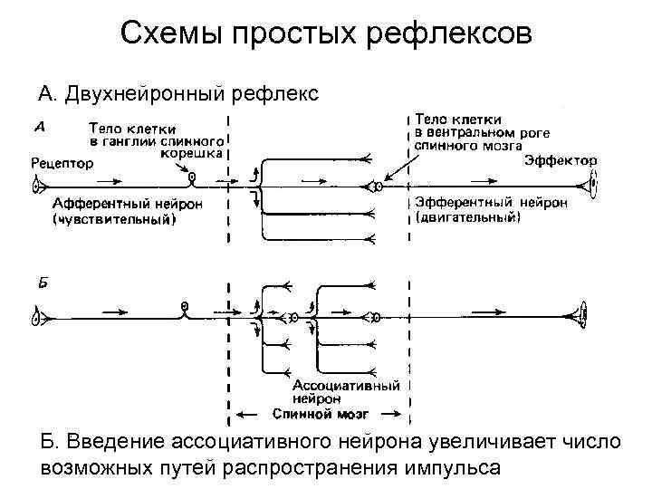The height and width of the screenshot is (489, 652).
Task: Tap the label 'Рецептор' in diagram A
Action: coord(61,164)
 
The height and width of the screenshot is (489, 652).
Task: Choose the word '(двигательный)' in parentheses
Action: coord(467,217)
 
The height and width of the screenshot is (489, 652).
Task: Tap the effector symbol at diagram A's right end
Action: coord(593,187)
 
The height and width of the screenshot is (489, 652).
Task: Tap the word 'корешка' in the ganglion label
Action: coord(197,153)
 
